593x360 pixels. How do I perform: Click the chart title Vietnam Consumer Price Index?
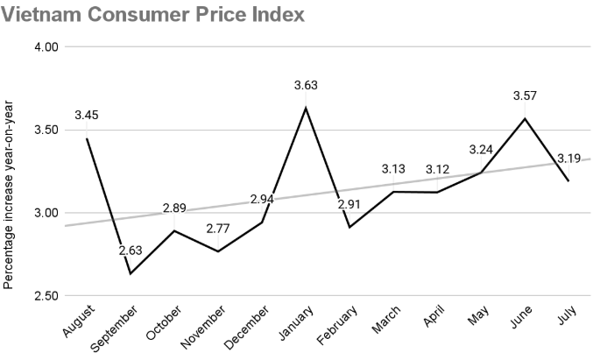coord(153,15)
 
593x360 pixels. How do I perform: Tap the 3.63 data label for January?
coord(305,85)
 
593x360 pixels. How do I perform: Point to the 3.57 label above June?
coord(524,95)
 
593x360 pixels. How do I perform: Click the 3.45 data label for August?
coord(87,116)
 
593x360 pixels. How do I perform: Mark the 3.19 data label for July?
coord(570,159)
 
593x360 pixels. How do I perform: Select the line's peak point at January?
coord(305,108)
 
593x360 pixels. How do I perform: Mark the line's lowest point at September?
coord(131,274)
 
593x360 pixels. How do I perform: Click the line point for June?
coord(524,118)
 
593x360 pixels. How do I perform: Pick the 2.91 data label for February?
coord(350,205)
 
